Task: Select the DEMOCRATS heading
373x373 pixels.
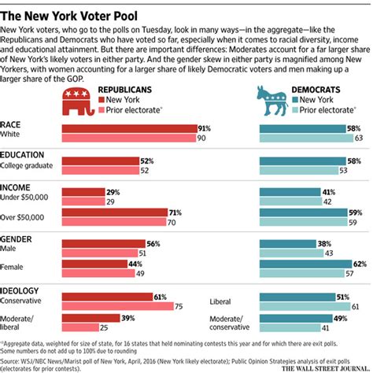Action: tap(314, 90)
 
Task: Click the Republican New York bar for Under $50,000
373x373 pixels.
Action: tap(82, 192)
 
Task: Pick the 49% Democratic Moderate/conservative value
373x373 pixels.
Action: tap(342, 318)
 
